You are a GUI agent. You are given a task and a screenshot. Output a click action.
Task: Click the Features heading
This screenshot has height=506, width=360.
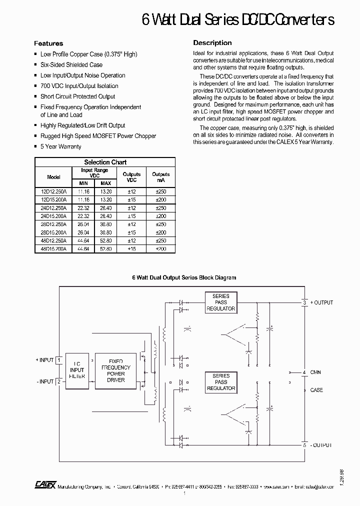(48, 43)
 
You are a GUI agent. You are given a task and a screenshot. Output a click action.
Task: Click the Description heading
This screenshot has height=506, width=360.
(212, 43)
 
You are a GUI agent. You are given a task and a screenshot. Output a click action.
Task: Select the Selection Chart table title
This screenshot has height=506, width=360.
(105, 162)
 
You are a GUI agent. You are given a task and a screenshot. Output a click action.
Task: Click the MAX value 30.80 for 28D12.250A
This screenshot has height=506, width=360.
(105, 224)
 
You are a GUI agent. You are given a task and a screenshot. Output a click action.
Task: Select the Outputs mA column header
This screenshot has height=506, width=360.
(160, 177)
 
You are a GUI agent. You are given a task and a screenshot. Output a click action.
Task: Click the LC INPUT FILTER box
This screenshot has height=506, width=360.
(77, 370)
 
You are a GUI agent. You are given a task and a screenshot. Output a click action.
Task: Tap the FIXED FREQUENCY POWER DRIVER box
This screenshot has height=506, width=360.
(116, 370)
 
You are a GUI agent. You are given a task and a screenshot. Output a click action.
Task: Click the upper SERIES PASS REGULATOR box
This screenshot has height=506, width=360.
(220, 302)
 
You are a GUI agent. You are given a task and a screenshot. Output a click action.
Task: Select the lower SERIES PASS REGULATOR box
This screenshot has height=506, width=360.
(220, 382)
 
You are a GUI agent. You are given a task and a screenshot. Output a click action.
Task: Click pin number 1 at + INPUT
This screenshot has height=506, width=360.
(59, 360)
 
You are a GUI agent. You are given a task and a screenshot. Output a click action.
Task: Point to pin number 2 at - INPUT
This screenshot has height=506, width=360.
(59, 381)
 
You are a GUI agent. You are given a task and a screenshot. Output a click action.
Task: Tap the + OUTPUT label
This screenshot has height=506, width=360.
(321, 302)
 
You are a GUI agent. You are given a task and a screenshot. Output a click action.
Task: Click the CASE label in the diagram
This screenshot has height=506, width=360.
(316, 390)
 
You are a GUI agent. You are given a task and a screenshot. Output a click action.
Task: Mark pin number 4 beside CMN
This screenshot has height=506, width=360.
(304, 372)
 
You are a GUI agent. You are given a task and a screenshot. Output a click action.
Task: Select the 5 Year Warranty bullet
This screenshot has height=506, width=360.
(60, 146)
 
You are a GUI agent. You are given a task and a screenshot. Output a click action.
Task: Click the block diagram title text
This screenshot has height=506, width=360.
(183, 277)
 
